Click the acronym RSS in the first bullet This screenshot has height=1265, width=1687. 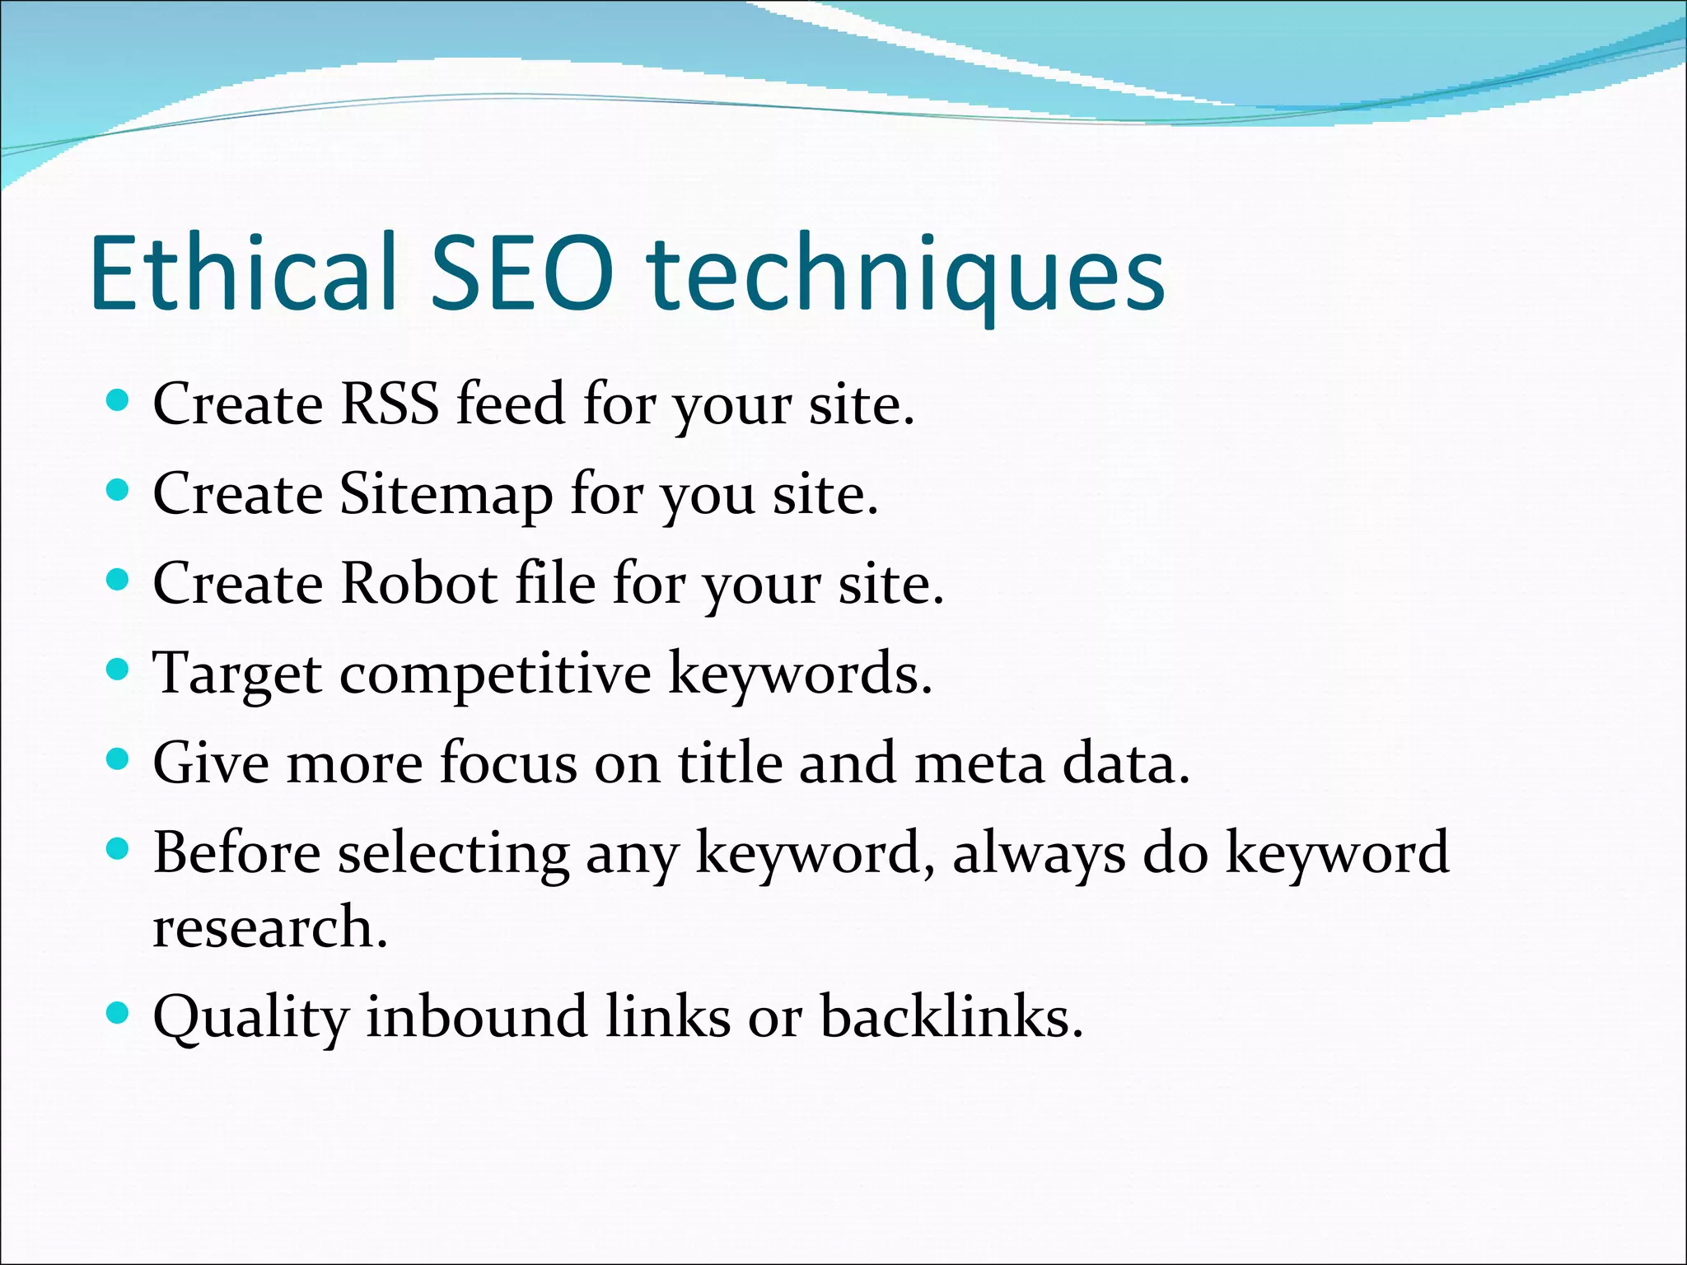pos(390,404)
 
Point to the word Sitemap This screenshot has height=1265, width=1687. pos(446,496)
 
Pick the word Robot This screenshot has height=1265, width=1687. pos(418,584)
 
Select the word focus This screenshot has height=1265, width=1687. pos(508,763)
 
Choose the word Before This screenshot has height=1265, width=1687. pos(237,852)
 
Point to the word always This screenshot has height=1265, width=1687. pos(1039,854)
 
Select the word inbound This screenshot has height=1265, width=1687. pos(476,1016)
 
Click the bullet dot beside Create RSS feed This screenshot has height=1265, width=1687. pos(119,401)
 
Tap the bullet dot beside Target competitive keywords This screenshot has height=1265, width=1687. pos(119,670)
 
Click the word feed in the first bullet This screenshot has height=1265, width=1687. pos(511,404)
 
